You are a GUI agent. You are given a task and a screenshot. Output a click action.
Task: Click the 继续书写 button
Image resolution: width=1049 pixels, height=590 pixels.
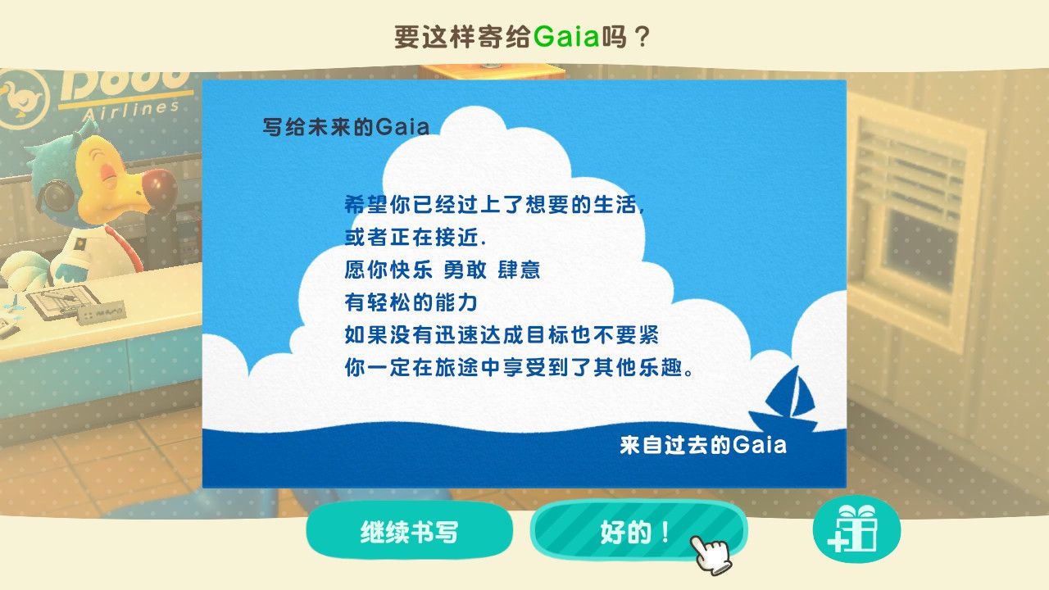pyautogui.click(x=409, y=531)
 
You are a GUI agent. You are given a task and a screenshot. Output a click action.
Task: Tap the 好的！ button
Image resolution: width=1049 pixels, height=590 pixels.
pyautogui.click(x=638, y=531)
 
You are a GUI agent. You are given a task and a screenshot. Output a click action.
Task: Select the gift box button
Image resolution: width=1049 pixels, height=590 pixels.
pyautogui.click(x=856, y=529)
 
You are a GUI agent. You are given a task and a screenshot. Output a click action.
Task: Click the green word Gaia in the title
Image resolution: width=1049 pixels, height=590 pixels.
pyautogui.click(x=566, y=37)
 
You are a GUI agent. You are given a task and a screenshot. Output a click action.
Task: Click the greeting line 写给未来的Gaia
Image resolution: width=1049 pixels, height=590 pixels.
pyautogui.click(x=346, y=127)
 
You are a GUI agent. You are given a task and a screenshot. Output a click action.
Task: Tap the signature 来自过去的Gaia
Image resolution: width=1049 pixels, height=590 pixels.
pyautogui.click(x=703, y=445)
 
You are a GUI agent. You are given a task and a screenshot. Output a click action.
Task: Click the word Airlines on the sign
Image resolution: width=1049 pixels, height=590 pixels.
pyautogui.click(x=130, y=113)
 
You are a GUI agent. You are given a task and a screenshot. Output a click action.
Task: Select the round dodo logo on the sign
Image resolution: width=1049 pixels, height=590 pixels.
pyautogui.click(x=21, y=99)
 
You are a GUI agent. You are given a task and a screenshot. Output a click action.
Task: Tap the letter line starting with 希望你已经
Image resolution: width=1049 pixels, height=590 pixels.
pyautogui.click(x=494, y=205)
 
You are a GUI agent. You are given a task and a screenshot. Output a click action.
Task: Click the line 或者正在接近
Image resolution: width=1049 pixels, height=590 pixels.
pyautogui.click(x=415, y=238)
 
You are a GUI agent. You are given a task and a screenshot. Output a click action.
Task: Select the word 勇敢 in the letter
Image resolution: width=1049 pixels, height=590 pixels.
pyautogui.click(x=465, y=270)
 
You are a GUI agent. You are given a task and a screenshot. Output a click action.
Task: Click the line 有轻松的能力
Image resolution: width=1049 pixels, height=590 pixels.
pyautogui.click(x=411, y=302)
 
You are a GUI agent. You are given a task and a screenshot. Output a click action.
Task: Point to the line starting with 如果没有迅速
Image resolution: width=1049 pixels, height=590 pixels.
pyautogui.click(x=502, y=335)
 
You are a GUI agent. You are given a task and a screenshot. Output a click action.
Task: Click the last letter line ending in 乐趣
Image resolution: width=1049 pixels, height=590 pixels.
pyautogui.click(x=519, y=368)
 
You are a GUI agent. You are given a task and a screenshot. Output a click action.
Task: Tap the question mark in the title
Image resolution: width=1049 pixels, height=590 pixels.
pyautogui.click(x=643, y=37)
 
